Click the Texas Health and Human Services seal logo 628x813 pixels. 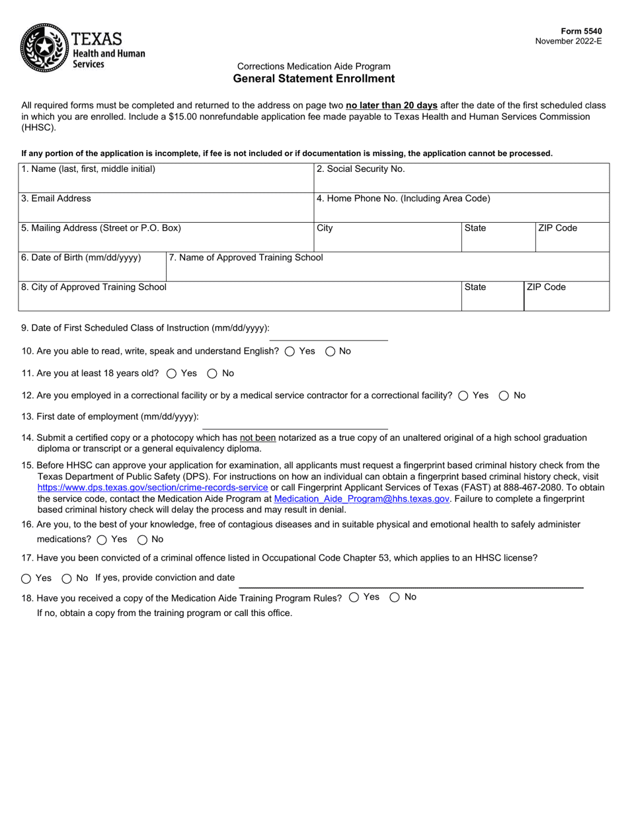click(44, 47)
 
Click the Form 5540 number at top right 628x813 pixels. click(581, 31)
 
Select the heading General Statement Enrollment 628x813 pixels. click(313, 79)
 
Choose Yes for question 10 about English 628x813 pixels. click(290, 352)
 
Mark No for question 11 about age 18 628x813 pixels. click(212, 373)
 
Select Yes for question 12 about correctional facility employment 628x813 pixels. click(463, 396)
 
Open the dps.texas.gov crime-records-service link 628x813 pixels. click(153, 488)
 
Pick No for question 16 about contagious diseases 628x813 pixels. click(142, 540)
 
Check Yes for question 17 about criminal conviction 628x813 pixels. click(26, 579)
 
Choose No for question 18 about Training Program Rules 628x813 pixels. click(395, 598)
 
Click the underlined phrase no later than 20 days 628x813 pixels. click(391, 105)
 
